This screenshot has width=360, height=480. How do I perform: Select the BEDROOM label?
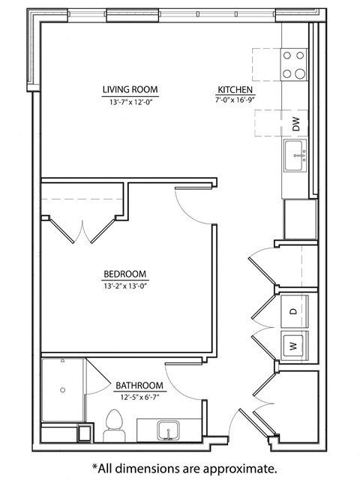coord(125,274)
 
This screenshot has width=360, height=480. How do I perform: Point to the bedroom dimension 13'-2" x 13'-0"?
coord(125,285)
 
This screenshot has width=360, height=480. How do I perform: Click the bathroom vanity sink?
coord(167,431)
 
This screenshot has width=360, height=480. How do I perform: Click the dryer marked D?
coord(294,310)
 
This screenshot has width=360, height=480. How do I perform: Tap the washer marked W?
coord(294,346)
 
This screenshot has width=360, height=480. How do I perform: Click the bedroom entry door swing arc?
coord(193,206)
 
